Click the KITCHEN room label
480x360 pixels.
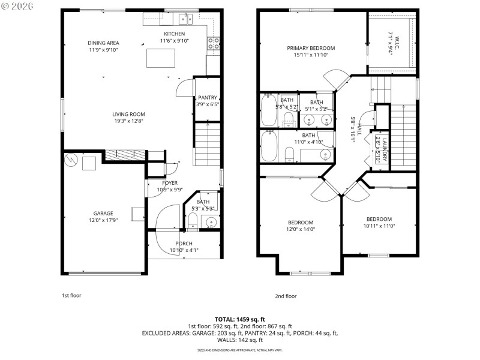[x=174, y=34]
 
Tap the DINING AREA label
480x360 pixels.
[x=103, y=43]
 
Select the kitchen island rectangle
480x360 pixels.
[x=161, y=58]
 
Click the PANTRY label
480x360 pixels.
[x=206, y=98]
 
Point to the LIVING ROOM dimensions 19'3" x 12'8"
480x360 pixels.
[x=128, y=121]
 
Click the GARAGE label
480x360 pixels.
[x=103, y=213]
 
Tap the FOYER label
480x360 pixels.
[x=170, y=183]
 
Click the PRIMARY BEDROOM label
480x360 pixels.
[x=311, y=48]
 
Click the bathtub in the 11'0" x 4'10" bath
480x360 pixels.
[x=269, y=146]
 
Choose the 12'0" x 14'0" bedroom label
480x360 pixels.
[x=300, y=222]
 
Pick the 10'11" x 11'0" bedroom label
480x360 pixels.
[x=379, y=219]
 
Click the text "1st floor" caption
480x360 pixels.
[x=71, y=295]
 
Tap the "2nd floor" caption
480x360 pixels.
[x=286, y=296]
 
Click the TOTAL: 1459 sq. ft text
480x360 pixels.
[x=239, y=319]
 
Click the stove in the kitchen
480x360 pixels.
[x=212, y=43]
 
